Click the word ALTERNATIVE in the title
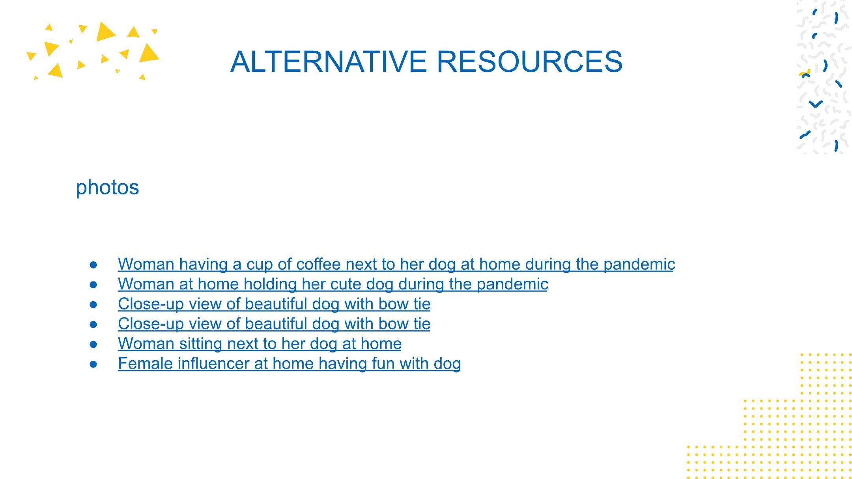click(x=329, y=62)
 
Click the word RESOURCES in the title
click(x=530, y=62)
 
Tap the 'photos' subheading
click(x=107, y=187)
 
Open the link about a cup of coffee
click(x=396, y=265)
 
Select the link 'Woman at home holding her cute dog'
click(x=333, y=284)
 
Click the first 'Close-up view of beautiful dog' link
click(x=274, y=304)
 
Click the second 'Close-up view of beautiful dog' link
click(x=274, y=324)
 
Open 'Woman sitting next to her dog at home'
click(x=260, y=344)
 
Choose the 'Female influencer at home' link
click(x=289, y=364)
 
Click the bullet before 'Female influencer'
click(x=93, y=364)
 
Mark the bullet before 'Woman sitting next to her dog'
click(x=93, y=344)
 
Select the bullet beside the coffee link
click(x=93, y=265)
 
